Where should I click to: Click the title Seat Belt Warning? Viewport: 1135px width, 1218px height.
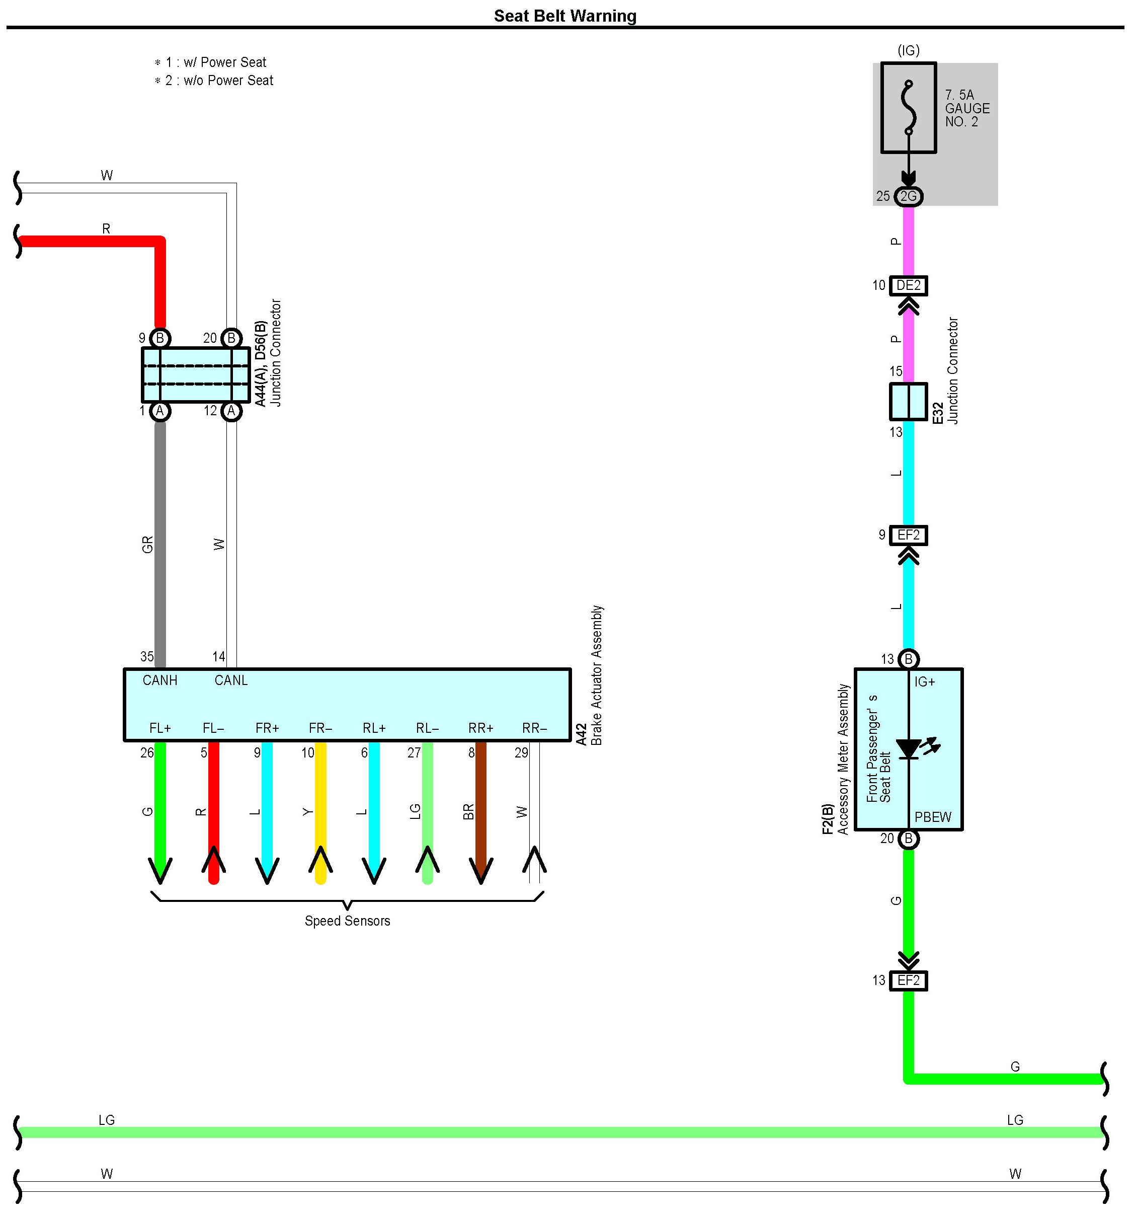tap(565, 16)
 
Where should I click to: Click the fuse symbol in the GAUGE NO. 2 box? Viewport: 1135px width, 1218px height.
tap(909, 108)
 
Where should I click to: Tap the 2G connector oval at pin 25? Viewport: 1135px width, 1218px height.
tap(909, 196)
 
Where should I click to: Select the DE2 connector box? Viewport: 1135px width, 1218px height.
tap(909, 285)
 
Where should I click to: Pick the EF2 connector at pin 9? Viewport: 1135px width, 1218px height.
tap(909, 536)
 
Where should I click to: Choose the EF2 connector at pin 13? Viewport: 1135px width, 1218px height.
tap(909, 981)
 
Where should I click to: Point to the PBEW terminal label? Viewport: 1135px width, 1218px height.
tap(933, 817)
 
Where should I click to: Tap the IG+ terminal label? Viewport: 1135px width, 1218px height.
tap(925, 682)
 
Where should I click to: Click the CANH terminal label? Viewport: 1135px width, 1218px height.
tap(160, 680)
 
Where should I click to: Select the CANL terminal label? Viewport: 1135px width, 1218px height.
tap(231, 680)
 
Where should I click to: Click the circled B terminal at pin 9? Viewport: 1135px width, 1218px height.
tap(160, 338)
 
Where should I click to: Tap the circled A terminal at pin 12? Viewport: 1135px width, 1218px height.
tap(231, 411)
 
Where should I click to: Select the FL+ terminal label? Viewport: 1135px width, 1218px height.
tap(160, 728)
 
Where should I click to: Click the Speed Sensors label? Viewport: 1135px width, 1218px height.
tap(347, 921)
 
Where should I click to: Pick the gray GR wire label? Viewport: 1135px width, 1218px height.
tap(147, 545)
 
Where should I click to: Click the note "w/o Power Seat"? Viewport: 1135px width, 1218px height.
tap(228, 80)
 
